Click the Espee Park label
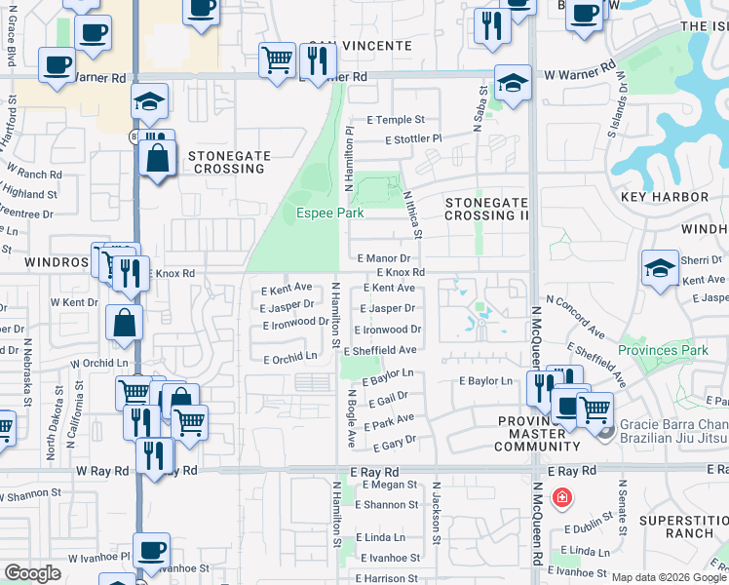pos(323,213)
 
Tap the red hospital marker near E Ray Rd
pos(561,499)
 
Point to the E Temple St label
pos(396,120)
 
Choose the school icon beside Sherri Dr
pos(660,269)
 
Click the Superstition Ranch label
pos(683,527)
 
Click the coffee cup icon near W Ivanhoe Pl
pos(151,550)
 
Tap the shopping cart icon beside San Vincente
pos(277,59)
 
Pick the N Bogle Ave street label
pos(349,418)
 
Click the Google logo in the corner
pos(32,574)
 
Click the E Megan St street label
pos(387,485)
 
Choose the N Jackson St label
pos(435,507)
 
